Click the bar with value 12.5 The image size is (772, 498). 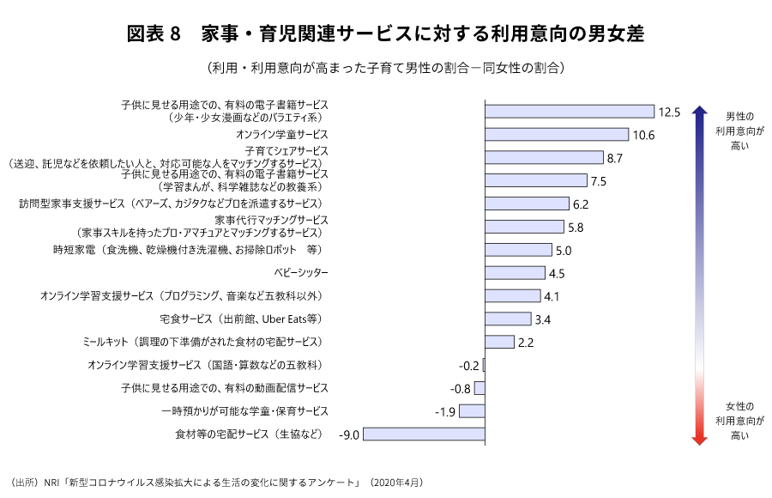(570, 112)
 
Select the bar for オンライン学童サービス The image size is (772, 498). (557, 135)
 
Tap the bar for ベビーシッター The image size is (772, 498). (515, 273)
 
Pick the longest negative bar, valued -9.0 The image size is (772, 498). (424, 434)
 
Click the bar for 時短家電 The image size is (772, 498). (518, 250)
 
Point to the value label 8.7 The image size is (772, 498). (614, 158)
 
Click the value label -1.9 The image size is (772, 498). (444, 412)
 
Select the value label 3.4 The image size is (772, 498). (542, 319)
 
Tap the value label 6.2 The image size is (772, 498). (580, 204)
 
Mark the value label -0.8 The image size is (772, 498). (461, 389)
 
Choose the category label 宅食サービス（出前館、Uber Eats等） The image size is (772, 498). (240, 319)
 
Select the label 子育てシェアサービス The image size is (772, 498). (280, 150)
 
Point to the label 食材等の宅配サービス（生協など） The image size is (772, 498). (249, 434)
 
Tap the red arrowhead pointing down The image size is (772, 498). (699, 438)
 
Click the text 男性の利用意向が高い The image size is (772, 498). (739, 131)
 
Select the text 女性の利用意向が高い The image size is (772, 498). (739, 421)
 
